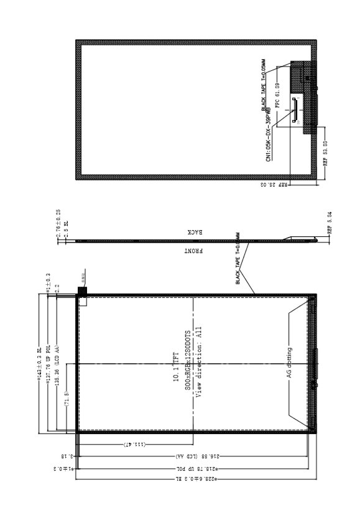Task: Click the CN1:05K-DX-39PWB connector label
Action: click(x=268, y=139)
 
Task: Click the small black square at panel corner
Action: click(x=81, y=291)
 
